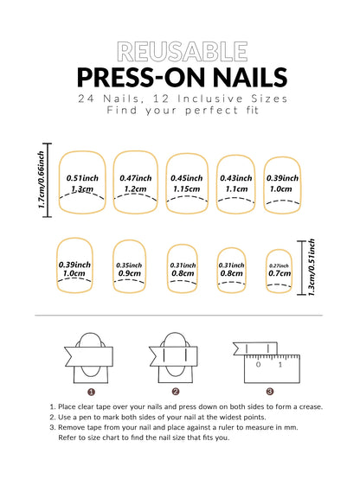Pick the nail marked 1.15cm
pos(186,188)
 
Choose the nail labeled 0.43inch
pos(234,183)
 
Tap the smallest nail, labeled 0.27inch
pos(279,271)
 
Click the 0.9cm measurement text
pos(130,274)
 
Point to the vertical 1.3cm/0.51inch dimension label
pos(312,268)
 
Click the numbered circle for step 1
pos(90,391)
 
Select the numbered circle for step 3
pos(270,391)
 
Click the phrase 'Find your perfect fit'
pos(179,112)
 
